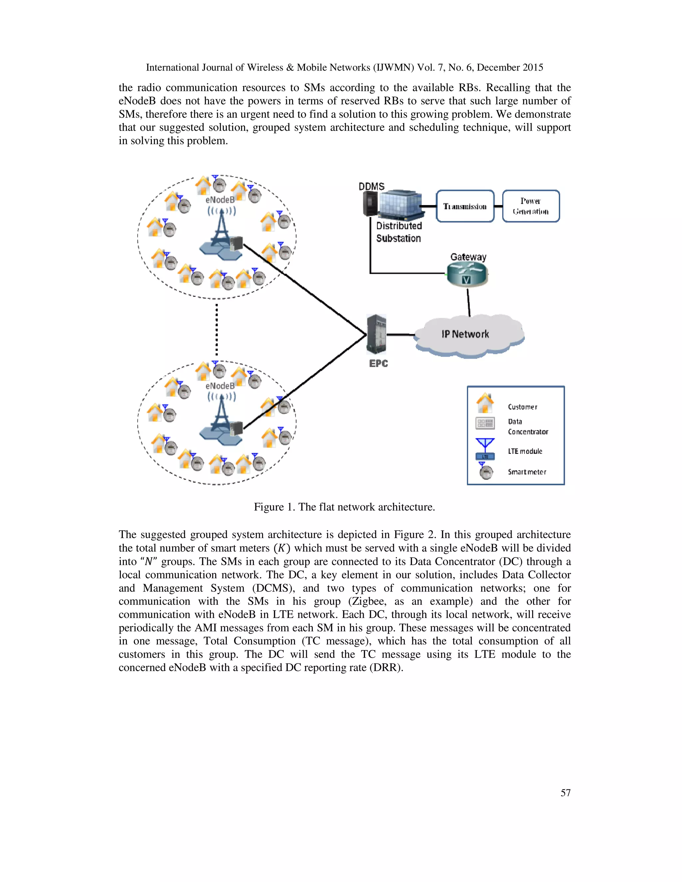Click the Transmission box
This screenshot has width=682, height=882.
(x=465, y=206)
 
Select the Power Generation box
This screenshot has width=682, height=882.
(x=530, y=206)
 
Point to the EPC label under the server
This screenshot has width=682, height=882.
(x=378, y=363)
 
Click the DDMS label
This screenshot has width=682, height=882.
(x=371, y=186)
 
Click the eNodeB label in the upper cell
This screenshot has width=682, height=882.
(x=220, y=200)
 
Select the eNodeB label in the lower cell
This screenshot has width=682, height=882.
(x=220, y=386)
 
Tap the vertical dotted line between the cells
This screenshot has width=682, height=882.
(x=216, y=329)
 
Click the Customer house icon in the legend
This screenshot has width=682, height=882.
(x=485, y=403)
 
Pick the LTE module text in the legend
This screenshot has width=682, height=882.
(x=525, y=451)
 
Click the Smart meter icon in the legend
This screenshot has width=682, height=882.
(x=486, y=472)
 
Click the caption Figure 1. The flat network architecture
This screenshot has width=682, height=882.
(x=344, y=507)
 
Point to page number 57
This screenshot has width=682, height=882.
(x=565, y=793)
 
